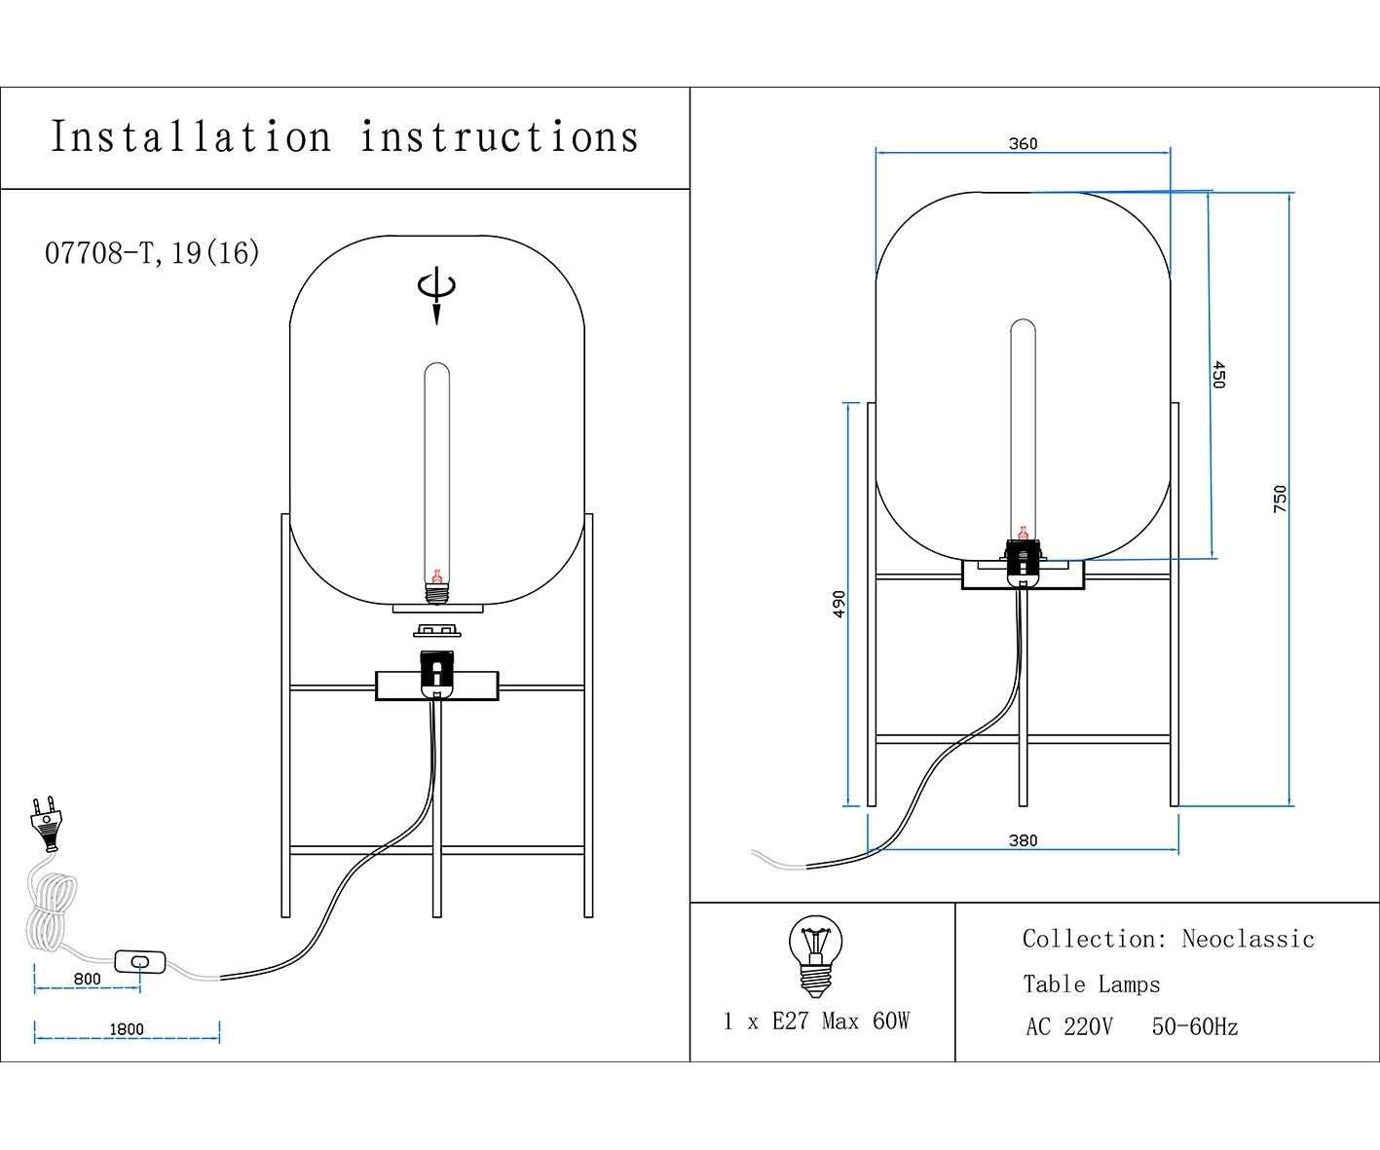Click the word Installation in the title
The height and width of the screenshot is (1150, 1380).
point(191,137)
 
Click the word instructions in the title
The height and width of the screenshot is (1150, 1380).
point(500,137)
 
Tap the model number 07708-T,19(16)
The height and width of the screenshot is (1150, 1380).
point(152,253)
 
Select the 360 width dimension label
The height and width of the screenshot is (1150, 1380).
point(1023,144)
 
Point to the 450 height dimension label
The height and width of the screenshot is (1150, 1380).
point(1218,375)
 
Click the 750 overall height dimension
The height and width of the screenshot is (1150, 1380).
point(1280,499)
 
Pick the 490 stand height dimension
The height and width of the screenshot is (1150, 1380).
point(839,604)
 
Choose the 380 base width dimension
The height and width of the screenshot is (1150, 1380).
point(1023,840)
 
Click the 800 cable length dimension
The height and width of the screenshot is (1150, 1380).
point(87,979)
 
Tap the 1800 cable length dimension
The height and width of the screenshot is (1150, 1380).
point(127,1029)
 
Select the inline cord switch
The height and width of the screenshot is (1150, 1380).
point(140,962)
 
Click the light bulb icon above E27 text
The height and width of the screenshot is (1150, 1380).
point(815,954)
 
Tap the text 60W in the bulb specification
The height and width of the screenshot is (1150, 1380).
point(891,1020)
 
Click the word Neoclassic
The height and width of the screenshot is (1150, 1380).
point(1248,939)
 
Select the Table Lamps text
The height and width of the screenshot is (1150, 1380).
point(1091,984)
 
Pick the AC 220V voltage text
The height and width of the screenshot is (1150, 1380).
point(1068,1027)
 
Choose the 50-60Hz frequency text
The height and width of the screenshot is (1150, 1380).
point(1194,1027)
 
